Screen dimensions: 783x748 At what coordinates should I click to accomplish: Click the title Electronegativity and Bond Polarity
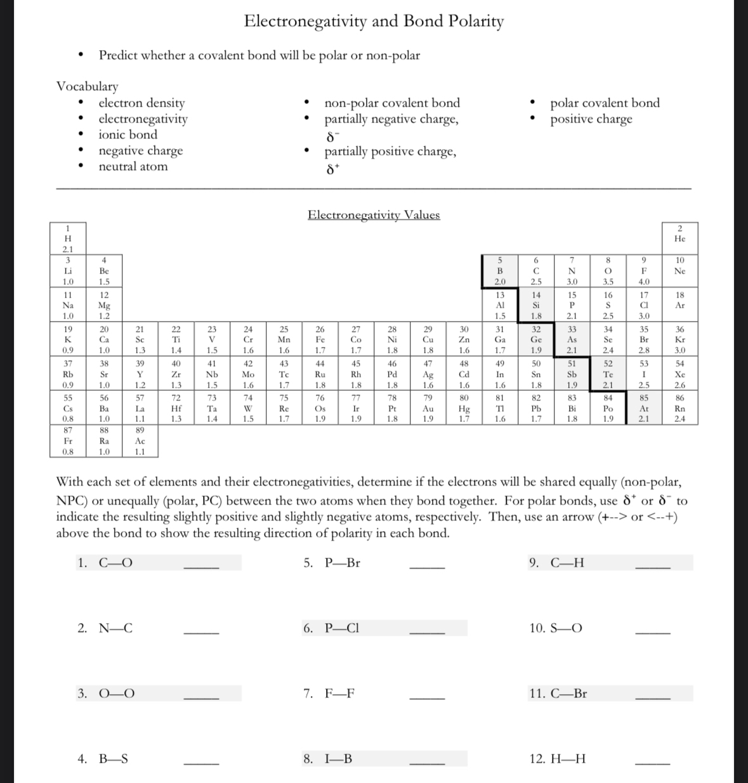(x=374, y=22)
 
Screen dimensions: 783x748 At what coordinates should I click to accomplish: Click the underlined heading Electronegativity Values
(x=374, y=215)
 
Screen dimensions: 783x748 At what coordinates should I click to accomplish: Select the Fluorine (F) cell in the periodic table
(x=644, y=271)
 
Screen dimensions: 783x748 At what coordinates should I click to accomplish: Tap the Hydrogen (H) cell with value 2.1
(x=68, y=239)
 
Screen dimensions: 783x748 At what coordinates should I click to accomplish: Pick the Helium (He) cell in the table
(x=679, y=239)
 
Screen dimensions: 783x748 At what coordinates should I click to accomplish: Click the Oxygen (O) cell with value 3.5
(x=608, y=271)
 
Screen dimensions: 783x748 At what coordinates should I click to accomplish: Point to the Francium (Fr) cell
(x=68, y=441)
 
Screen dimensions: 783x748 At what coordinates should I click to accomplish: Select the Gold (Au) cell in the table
(x=428, y=409)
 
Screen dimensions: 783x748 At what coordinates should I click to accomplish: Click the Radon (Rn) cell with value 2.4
(x=679, y=409)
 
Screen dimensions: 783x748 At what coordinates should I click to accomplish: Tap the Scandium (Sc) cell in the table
(x=140, y=339)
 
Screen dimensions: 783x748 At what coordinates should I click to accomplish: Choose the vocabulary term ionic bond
(x=128, y=135)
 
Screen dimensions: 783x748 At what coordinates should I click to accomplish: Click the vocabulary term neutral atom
(x=133, y=167)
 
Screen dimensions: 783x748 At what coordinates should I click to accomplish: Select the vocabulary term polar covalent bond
(x=605, y=103)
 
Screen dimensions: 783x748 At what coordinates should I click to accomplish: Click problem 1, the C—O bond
(x=115, y=563)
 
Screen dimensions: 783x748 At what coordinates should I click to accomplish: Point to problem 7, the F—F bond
(x=339, y=694)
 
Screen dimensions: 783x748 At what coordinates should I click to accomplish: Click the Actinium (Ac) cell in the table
(x=140, y=441)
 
